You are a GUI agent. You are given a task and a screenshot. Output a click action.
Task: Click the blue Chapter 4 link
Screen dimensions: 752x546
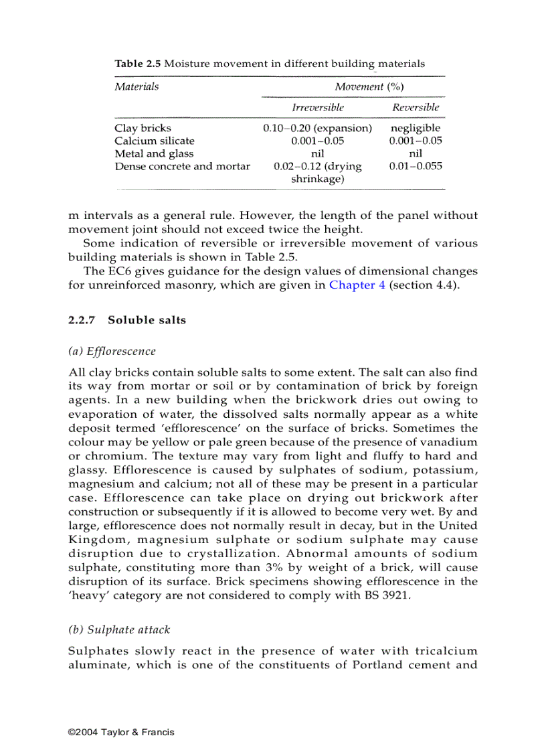(357, 285)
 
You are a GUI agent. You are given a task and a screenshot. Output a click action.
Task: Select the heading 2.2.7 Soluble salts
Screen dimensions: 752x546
(127, 320)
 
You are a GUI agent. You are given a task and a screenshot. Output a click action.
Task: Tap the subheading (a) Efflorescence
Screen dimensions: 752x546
(112, 352)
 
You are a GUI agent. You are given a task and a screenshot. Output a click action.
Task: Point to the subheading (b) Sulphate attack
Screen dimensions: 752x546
(119, 629)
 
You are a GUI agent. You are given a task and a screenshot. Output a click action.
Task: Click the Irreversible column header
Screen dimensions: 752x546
(318, 107)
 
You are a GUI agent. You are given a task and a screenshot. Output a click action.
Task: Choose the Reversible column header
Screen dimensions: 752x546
(416, 107)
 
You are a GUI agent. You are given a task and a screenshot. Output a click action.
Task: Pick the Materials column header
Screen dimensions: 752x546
(136, 86)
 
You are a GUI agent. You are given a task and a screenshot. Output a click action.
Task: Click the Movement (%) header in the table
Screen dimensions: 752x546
(369, 86)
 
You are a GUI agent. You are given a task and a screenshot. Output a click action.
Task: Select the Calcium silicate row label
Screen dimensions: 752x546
(155, 141)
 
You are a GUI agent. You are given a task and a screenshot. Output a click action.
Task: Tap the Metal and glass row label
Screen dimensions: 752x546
(154, 153)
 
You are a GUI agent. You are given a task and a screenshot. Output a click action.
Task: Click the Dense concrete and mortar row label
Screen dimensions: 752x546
(182, 166)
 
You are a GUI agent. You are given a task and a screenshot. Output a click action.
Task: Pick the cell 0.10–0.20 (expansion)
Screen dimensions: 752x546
(318, 128)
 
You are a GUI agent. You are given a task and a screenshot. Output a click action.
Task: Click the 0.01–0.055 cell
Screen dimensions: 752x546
(416, 166)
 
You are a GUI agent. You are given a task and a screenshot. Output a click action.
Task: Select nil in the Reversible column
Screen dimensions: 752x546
(416, 153)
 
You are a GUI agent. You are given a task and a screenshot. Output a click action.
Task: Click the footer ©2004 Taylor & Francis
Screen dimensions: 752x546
(121, 732)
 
